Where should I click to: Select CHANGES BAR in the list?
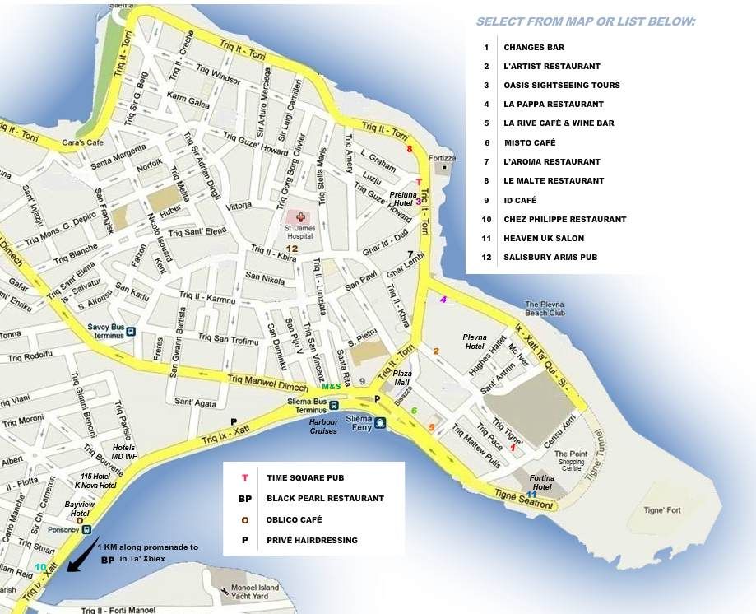click(x=534, y=48)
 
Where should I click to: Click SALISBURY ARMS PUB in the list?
click(x=550, y=258)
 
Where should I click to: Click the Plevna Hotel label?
click(x=475, y=342)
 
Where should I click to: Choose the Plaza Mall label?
click(x=402, y=377)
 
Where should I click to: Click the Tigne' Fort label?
click(x=662, y=510)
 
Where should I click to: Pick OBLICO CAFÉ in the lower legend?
click(x=294, y=519)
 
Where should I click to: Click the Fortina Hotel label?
click(x=540, y=481)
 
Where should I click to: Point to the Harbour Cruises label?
click(x=323, y=426)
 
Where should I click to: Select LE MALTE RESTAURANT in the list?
click(x=554, y=181)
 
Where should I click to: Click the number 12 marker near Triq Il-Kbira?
click(x=291, y=248)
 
